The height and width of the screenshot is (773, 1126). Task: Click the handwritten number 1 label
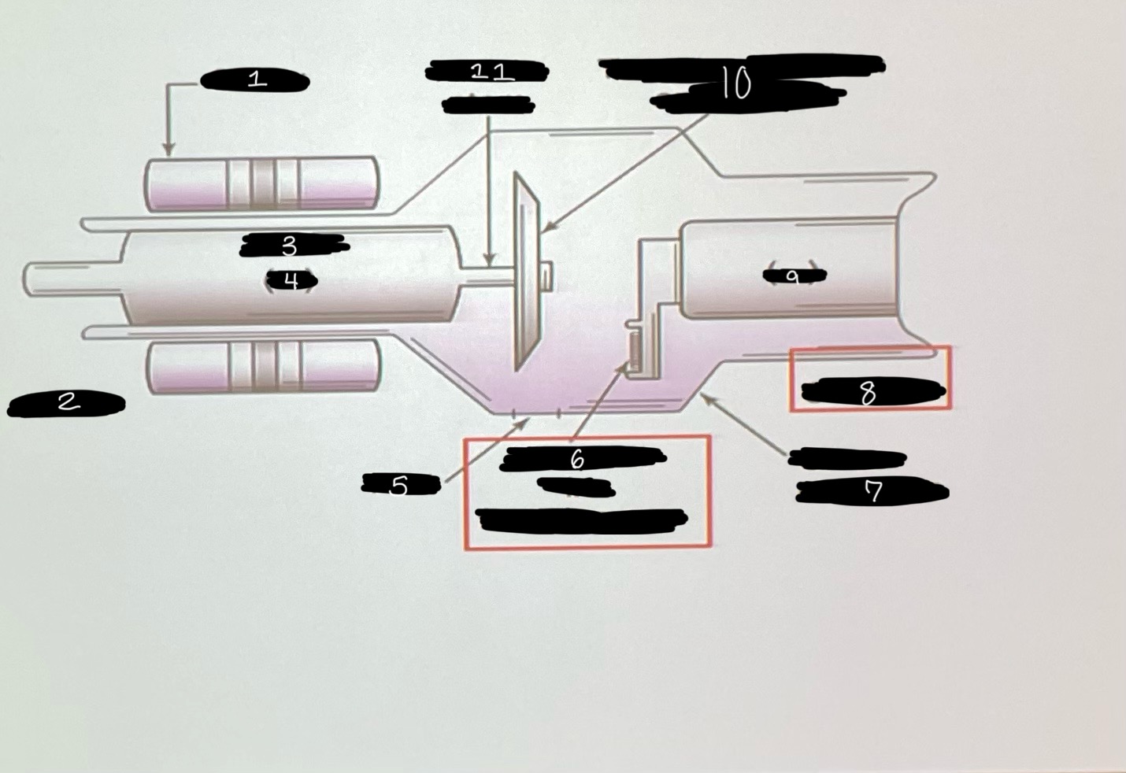tap(256, 80)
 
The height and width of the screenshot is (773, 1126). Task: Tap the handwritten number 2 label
tap(69, 402)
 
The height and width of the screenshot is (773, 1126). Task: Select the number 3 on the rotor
tap(289, 246)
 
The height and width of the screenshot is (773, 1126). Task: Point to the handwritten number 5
tap(399, 486)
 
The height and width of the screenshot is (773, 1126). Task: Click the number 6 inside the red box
tap(577, 459)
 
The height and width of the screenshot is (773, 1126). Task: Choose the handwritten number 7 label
tap(873, 492)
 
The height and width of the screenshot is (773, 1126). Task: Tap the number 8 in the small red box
tap(868, 392)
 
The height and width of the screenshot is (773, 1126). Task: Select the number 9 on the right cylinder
tap(793, 276)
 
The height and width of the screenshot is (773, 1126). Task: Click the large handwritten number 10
tap(735, 83)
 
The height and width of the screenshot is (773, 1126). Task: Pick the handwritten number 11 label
tap(492, 72)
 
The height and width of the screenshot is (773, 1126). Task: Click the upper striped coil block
tap(262, 183)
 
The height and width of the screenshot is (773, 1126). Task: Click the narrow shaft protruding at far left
tap(71, 280)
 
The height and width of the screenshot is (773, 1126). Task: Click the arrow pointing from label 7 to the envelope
tap(744, 426)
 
